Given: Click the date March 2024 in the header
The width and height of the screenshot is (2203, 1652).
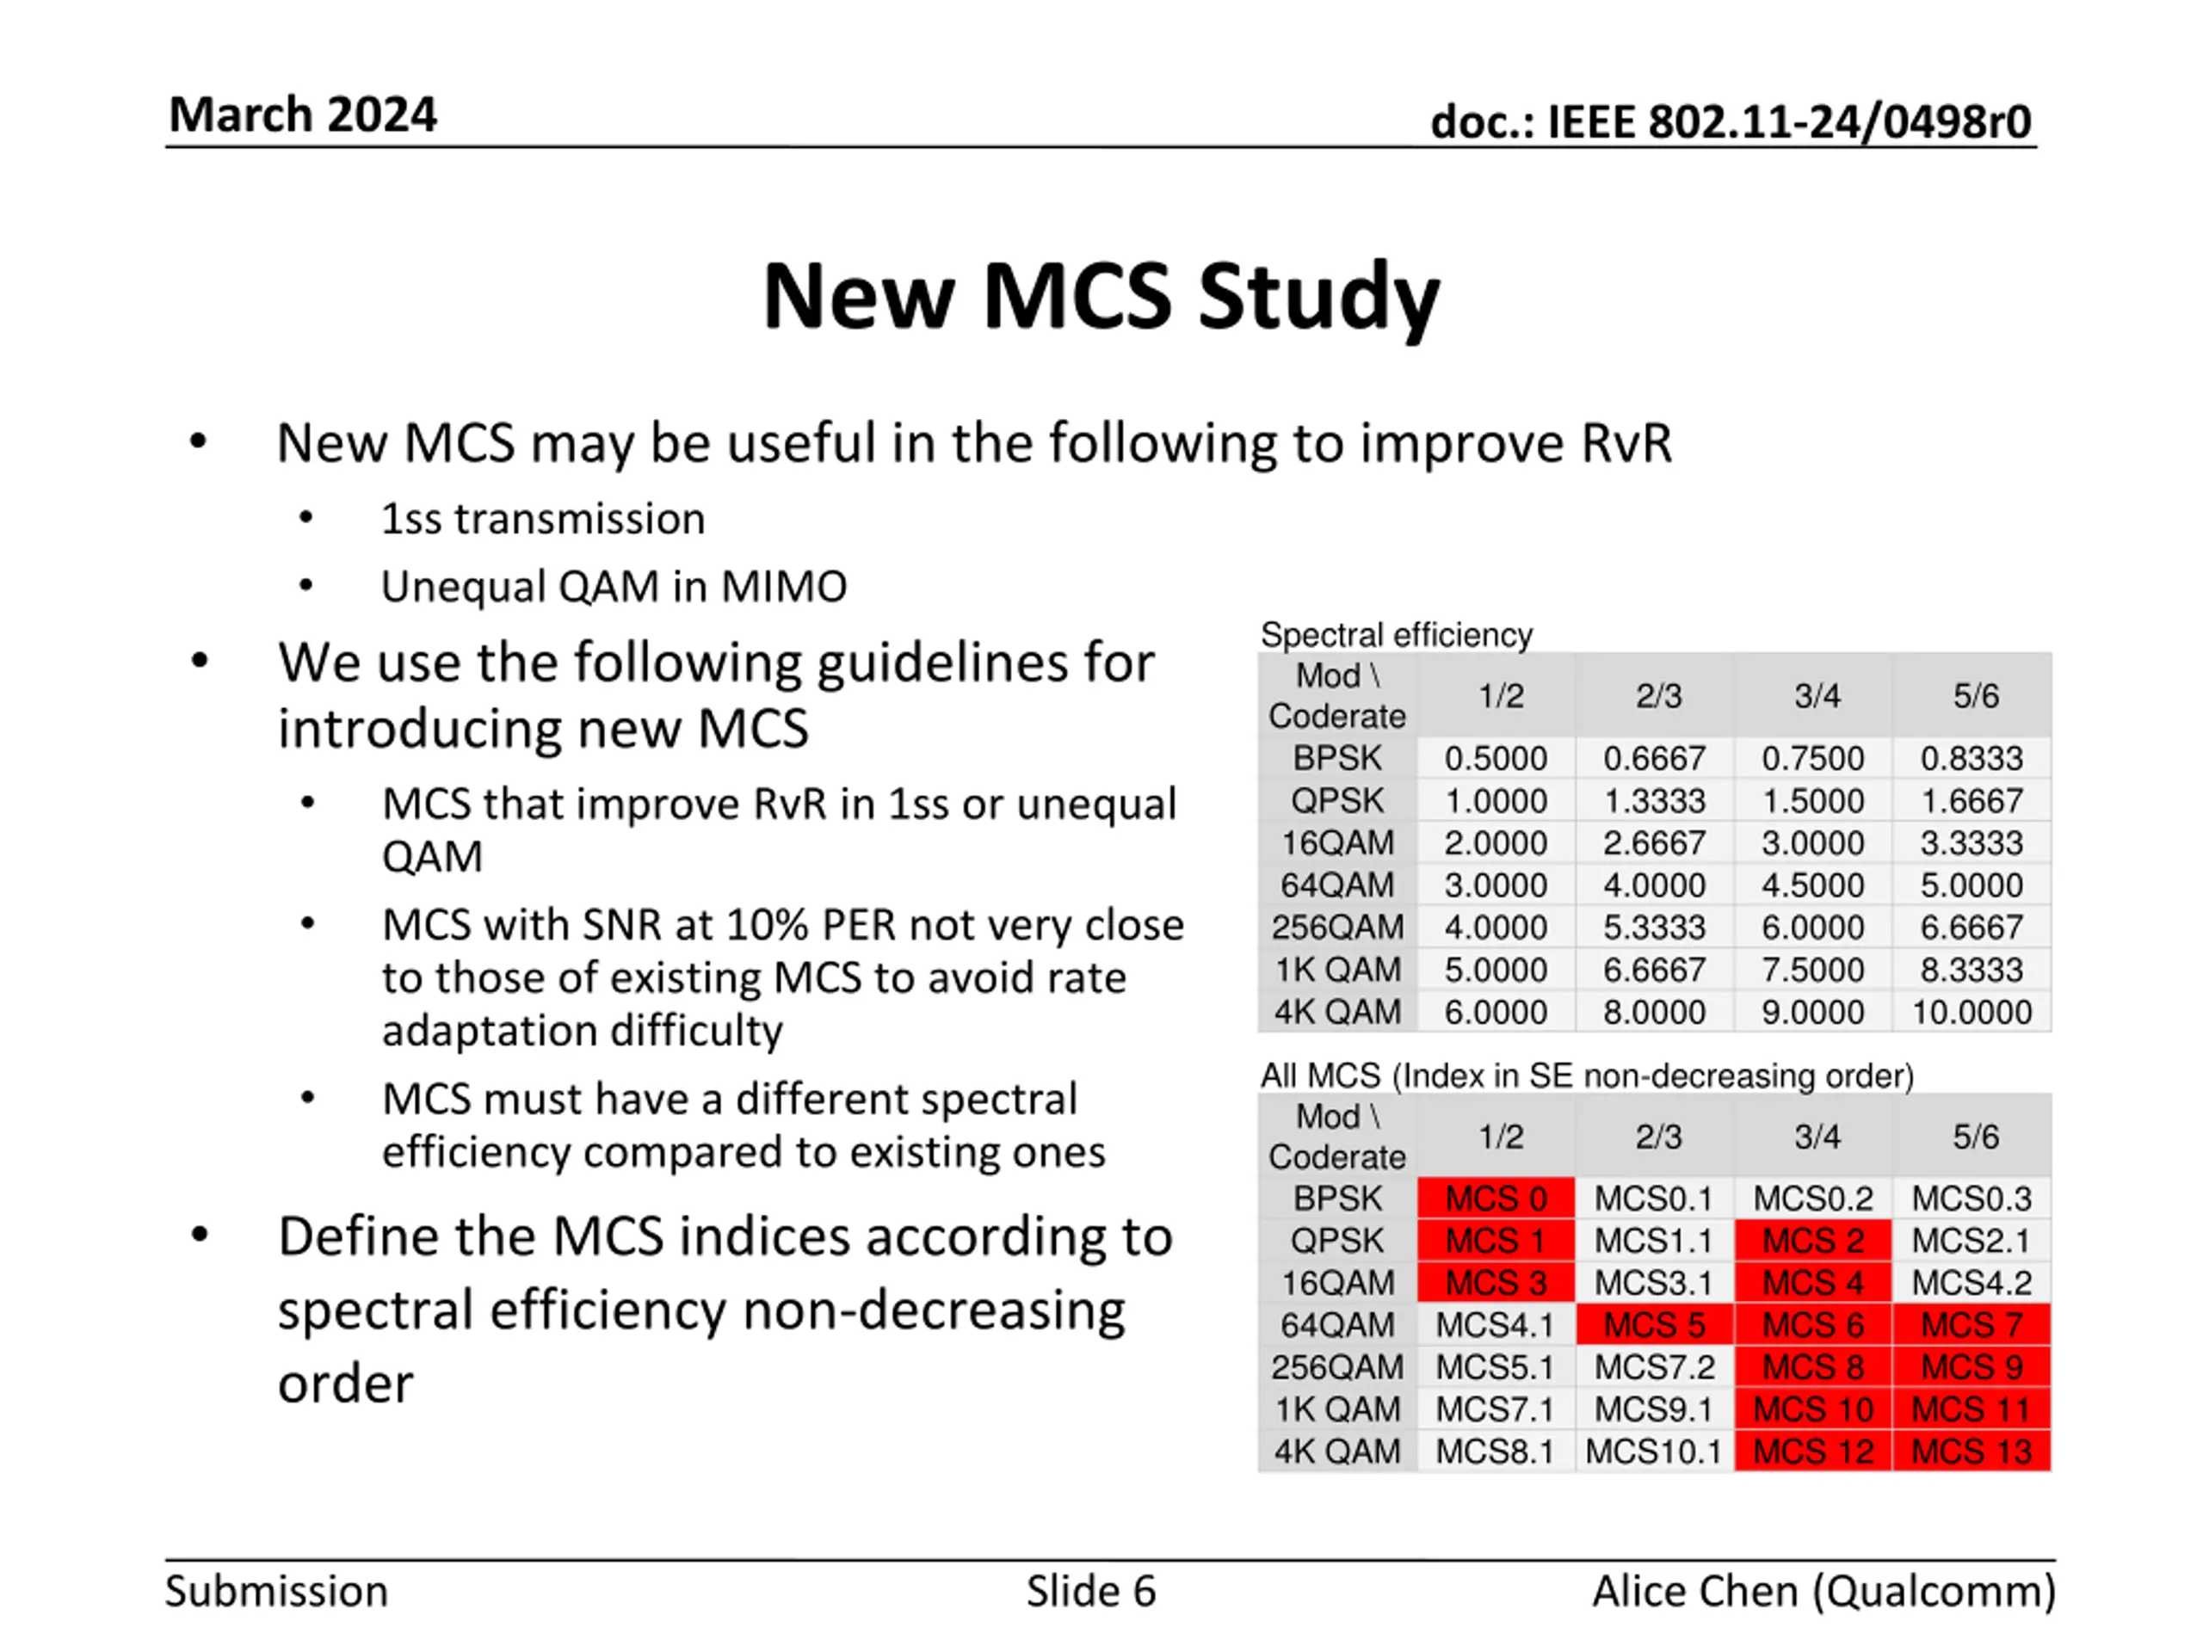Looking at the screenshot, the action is (x=303, y=114).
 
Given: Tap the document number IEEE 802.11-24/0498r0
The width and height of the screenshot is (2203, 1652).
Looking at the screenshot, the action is (x=1790, y=122).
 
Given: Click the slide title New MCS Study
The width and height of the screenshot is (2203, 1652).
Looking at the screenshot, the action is (x=1101, y=296).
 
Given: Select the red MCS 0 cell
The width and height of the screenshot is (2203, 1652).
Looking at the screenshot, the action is (x=1496, y=1198).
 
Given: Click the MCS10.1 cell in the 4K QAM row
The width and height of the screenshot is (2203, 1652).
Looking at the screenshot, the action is (x=1653, y=1451).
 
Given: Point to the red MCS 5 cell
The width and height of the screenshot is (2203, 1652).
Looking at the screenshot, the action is (x=1654, y=1324).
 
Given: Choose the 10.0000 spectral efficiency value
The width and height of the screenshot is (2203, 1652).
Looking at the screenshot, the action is (x=1972, y=1012).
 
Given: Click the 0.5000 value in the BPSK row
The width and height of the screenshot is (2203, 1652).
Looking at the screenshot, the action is (x=1496, y=759).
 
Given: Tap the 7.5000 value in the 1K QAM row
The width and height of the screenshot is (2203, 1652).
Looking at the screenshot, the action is (x=1812, y=970).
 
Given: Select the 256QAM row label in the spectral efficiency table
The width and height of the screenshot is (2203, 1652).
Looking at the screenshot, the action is (x=1336, y=927).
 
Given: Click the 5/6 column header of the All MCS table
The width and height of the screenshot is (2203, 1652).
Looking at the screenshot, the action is (x=1975, y=1137).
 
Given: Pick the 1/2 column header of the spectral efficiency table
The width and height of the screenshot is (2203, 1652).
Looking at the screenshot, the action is (x=1501, y=695).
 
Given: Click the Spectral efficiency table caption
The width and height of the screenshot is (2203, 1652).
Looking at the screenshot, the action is (x=1397, y=634).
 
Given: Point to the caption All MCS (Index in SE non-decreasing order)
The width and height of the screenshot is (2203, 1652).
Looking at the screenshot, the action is (x=1588, y=1076).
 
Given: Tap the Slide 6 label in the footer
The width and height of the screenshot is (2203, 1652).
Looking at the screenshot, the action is (x=1090, y=1591).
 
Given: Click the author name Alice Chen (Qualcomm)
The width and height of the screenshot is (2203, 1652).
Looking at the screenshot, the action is (x=1823, y=1591).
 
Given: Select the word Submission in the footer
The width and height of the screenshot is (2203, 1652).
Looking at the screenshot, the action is (x=276, y=1591).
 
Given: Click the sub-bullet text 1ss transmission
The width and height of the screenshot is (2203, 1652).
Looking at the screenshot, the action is (x=543, y=519).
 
